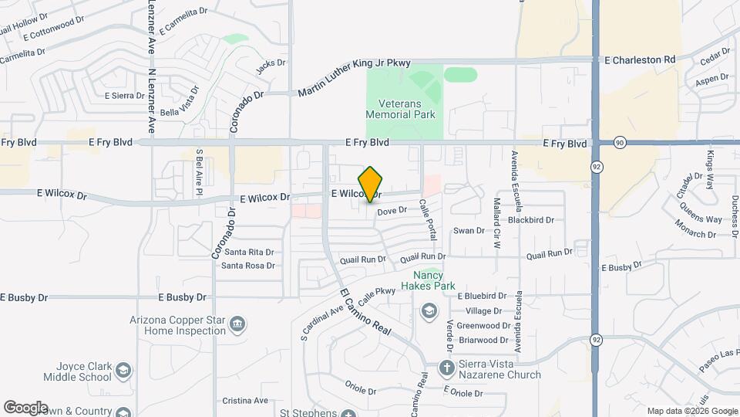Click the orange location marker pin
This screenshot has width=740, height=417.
tap(371, 184)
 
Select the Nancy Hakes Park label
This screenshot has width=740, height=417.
tap(434, 280)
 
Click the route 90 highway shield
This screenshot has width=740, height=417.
tap(620, 143)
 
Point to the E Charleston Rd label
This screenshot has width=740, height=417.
tap(640, 59)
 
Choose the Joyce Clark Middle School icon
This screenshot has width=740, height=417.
tap(122, 373)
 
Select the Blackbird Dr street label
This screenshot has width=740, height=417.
tap(531, 220)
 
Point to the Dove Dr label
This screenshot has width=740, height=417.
tap(392, 210)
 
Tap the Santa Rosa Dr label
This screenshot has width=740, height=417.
tap(248, 266)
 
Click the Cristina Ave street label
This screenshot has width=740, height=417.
tap(244, 401)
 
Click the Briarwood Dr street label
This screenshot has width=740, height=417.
tap(483, 340)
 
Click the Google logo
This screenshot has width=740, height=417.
tap(25, 408)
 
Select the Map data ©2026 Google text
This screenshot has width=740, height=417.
tap(691, 411)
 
